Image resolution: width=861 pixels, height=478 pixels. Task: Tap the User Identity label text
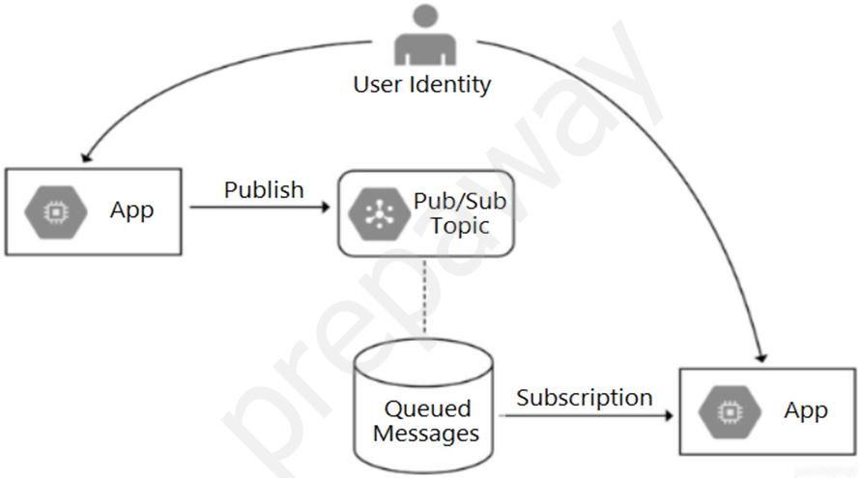[x=421, y=84]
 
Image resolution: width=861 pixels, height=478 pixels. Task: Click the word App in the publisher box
[x=131, y=211]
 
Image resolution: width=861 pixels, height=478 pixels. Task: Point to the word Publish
[x=264, y=189]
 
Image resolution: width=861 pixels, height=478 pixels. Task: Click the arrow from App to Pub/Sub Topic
[x=261, y=207]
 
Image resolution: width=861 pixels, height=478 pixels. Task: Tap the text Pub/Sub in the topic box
[x=460, y=202]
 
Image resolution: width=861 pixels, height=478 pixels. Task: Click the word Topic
[x=460, y=226]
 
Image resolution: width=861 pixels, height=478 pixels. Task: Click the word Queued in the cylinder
[x=427, y=408]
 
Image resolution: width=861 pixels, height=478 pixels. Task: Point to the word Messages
[x=426, y=434]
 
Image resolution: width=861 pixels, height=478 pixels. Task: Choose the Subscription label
[x=584, y=397]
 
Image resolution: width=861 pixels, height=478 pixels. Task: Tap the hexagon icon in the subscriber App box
[x=728, y=411]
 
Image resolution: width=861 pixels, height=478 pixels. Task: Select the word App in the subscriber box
[x=806, y=410]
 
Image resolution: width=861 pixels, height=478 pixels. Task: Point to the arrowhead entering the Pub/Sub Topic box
[x=330, y=207]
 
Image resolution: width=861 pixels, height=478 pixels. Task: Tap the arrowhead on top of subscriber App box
[x=763, y=354]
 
